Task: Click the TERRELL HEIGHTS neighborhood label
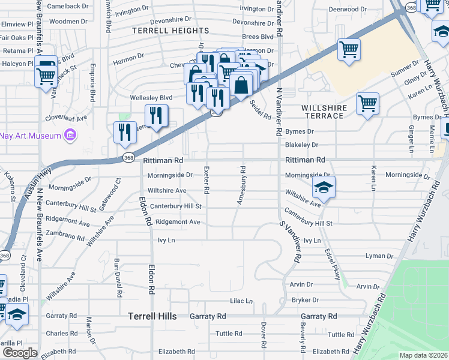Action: pyautogui.click(x=170, y=31)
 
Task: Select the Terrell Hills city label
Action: pyautogui.click(x=152, y=316)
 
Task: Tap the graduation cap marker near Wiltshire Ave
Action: pyautogui.click(x=324, y=188)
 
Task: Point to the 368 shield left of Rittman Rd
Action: pyautogui.click(x=128, y=158)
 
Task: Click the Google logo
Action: pyautogui.click(x=20, y=352)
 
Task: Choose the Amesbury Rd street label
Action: pyautogui.click(x=241, y=185)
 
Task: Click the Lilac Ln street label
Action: pyautogui.click(x=241, y=301)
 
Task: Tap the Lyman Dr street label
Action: pyautogui.click(x=379, y=256)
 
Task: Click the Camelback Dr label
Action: pyautogui.click(x=68, y=6)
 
